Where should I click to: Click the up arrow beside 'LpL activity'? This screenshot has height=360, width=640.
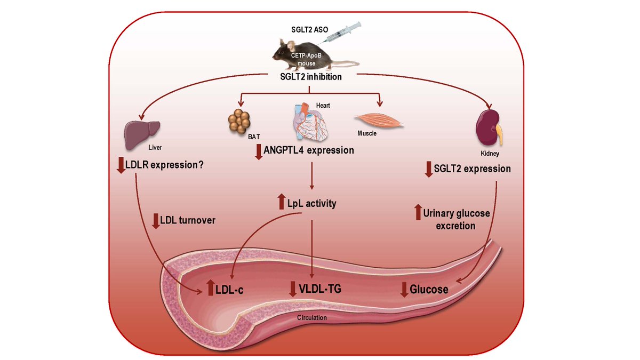282,202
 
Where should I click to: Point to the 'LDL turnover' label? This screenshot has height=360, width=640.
189,220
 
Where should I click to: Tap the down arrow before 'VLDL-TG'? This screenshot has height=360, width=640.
292,289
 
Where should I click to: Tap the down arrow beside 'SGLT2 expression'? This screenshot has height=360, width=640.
428,170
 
